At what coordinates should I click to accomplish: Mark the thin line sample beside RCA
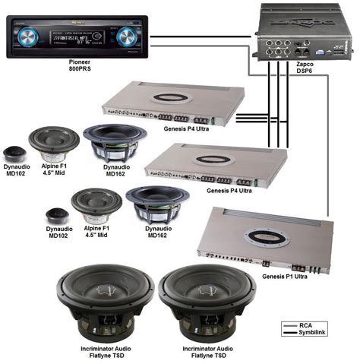pyautogui.click(x=289, y=324)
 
